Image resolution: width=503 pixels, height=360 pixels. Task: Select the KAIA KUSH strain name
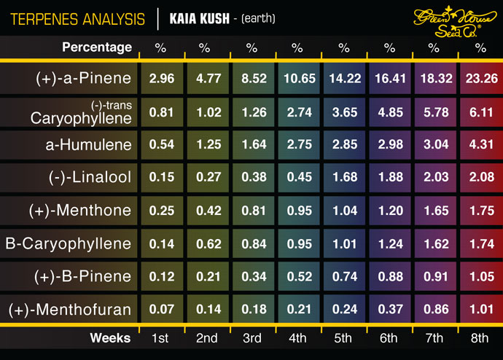point(198,16)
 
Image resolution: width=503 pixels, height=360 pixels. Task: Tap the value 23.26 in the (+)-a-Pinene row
point(480,79)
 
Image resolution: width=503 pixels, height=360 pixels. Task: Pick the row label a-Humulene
point(88,144)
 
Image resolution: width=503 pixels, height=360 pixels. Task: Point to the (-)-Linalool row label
point(85,178)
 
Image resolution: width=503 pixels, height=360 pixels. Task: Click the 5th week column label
point(343,338)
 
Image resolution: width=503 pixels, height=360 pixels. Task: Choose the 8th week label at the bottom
point(480,338)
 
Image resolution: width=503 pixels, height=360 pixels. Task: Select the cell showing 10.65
point(297,79)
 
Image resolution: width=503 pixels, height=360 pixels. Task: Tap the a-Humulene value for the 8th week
point(480,144)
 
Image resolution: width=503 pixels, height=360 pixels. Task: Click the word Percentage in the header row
point(97,47)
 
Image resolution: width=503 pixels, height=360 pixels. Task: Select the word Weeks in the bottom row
point(110,338)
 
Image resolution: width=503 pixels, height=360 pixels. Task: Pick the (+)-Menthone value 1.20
point(389,211)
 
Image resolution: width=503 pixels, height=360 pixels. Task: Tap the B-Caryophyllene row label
point(69,243)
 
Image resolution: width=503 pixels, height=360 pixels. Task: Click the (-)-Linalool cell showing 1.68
point(343,178)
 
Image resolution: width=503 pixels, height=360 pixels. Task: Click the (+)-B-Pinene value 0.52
point(297,276)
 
